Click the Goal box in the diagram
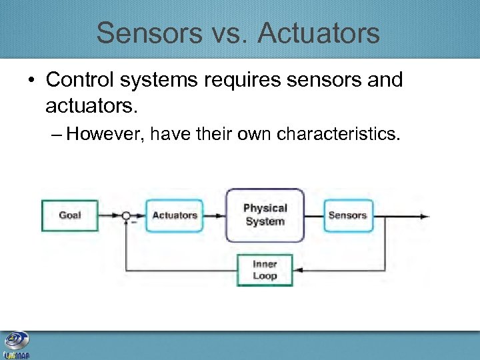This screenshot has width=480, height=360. (x=70, y=215)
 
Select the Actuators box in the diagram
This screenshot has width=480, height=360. (x=175, y=215)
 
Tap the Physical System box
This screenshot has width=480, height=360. (x=265, y=215)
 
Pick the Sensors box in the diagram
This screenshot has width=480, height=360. (x=347, y=215)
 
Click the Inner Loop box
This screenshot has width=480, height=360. (x=265, y=270)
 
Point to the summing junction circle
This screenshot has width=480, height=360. (x=126, y=215)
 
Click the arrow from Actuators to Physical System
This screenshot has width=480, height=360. (x=215, y=215)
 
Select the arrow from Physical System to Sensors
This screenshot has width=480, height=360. (x=314, y=215)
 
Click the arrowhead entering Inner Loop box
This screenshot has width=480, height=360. (x=297, y=270)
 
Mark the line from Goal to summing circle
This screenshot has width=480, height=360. (x=109, y=215)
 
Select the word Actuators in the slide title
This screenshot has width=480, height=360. (x=319, y=33)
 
